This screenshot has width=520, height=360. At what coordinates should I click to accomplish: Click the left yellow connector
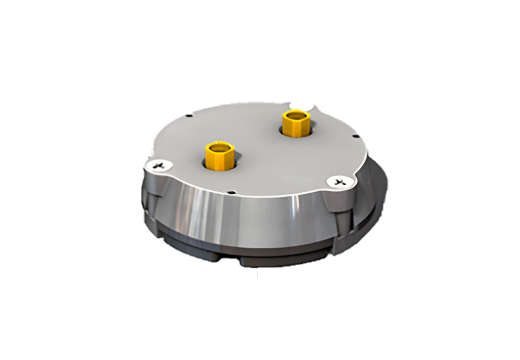(x=219, y=157)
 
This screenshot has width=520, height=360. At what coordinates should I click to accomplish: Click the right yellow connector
(x=296, y=125)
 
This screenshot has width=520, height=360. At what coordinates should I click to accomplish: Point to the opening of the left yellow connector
(x=219, y=149)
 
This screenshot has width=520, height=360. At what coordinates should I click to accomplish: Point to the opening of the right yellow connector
(x=296, y=117)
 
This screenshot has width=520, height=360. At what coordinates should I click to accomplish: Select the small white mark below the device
(x=253, y=272)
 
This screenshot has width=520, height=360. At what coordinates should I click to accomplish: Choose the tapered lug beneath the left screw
(x=156, y=200)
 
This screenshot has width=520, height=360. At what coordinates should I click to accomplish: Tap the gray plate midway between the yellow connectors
(x=257, y=142)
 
